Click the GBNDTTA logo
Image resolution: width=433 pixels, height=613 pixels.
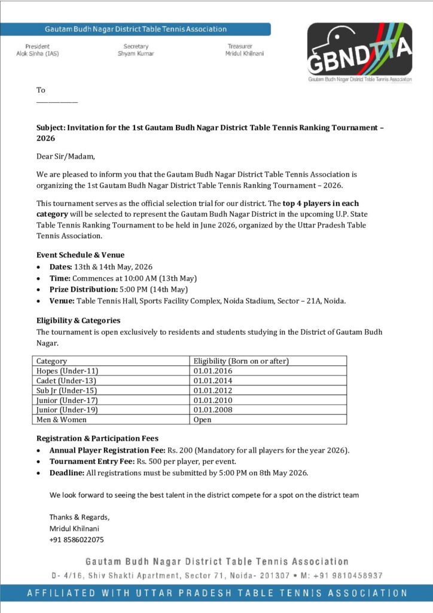(x=359, y=52)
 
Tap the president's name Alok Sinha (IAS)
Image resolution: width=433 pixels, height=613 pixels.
(x=38, y=54)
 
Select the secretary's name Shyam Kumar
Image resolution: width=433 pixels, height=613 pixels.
(x=136, y=54)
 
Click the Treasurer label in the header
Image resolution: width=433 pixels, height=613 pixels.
(x=240, y=46)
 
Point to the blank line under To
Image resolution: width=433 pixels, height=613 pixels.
(x=57, y=101)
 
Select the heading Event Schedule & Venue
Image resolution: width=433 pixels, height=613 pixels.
(x=80, y=255)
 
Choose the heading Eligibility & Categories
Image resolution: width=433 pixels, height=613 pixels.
(x=78, y=321)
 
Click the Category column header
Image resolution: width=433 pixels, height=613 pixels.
(x=51, y=361)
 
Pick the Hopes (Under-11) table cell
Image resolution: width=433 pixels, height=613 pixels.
(x=66, y=371)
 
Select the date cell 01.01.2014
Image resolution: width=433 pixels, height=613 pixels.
(x=213, y=381)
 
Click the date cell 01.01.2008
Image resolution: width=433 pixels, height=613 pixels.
(x=213, y=410)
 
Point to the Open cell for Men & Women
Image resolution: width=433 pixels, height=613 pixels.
(x=203, y=420)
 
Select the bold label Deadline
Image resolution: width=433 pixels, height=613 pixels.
(x=68, y=473)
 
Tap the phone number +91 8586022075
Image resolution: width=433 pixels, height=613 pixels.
(x=76, y=539)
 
